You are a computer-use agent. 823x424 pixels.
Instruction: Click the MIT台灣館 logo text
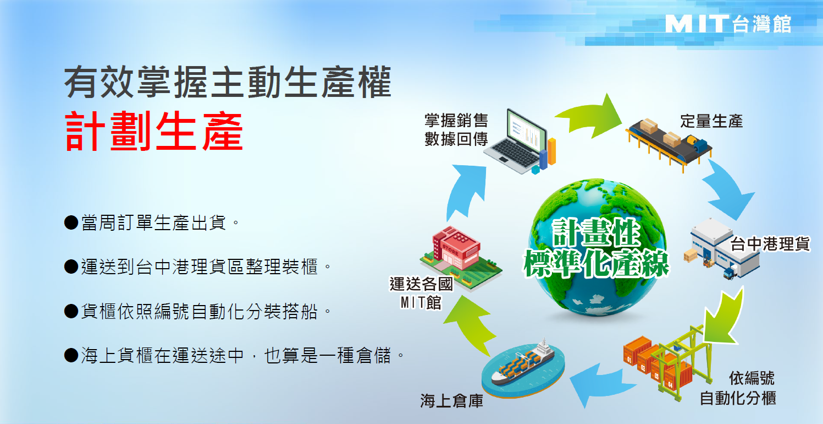(x=728, y=24)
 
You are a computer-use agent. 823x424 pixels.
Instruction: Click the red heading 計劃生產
(x=154, y=132)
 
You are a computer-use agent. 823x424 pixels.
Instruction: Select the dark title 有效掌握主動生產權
(x=228, y=82)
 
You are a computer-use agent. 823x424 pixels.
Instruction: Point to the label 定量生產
(x=711, y=121)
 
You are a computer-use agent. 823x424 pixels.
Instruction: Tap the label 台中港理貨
(x=770, y=243)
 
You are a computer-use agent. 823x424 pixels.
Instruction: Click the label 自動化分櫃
(x=738, y=398)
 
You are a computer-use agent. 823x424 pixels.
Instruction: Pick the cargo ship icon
(x=523, y=368)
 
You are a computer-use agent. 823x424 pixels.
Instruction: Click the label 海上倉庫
(x=452, y=401)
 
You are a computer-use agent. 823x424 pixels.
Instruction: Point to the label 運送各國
(x=422, y=284)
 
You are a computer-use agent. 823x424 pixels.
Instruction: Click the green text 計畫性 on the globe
(x=596, y=232)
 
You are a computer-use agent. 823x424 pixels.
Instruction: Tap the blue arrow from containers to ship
(x=603, y=384)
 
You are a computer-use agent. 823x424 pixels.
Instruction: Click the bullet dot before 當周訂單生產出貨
(x=71, y=222)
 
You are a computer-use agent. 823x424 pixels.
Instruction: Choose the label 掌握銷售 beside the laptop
(x=456, y=121)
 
